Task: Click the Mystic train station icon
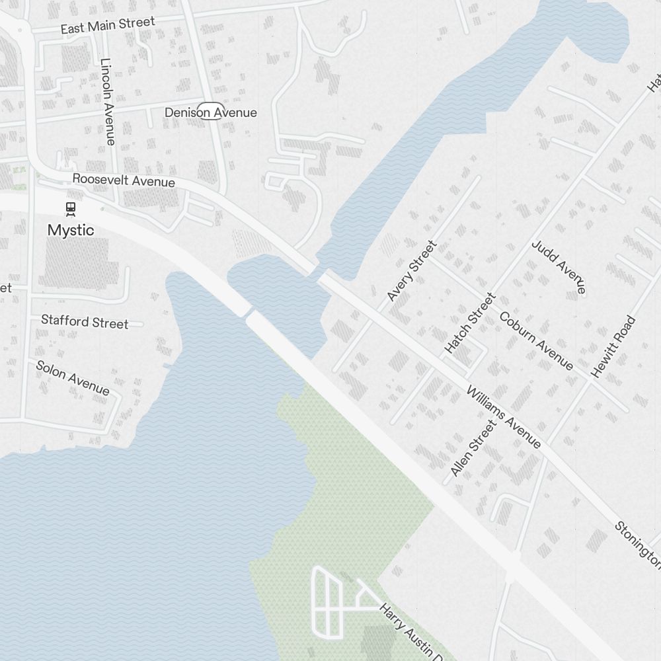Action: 70,210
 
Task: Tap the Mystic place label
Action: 70,230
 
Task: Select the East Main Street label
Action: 107,26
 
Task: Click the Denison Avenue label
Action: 210,112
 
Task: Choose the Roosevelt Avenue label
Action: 124,180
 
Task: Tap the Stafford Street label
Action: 85,322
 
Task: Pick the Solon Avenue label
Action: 72,377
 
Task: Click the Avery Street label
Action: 412,271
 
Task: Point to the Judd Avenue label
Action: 559,266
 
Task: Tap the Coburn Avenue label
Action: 536,340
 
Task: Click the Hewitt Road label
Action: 613,347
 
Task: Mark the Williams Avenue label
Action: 504,417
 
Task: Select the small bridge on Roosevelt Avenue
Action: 321,274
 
